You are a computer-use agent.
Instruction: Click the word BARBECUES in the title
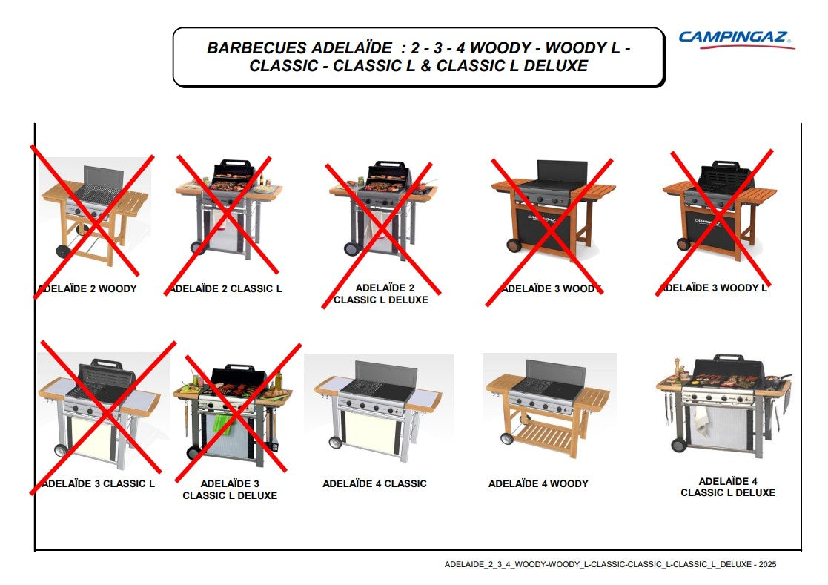(x=256, y=48)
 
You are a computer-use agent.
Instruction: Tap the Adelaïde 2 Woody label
(x=87, y=289)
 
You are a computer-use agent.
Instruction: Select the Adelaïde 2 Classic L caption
(x=225, y=289)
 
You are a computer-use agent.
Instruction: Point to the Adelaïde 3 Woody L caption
(x=714, y=288)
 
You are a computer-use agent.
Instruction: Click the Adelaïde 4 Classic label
(x=374, y=483)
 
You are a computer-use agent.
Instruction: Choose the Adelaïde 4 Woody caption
(x=538, y=483)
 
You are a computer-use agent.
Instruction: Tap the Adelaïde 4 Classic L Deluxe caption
(x=728, y=487)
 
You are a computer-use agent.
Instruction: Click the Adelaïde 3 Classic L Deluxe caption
(x=230, y=489)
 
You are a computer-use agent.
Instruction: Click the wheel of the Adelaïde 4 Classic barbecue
(x=335, y=442)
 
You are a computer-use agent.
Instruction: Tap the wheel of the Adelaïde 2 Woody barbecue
(x=63, y=251)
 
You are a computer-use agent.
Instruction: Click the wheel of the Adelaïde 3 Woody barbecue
(x=513, y=245)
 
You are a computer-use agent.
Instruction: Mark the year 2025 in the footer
(x=767, y=564)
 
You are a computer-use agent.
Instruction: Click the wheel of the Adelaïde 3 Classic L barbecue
(x=62, y=451)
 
